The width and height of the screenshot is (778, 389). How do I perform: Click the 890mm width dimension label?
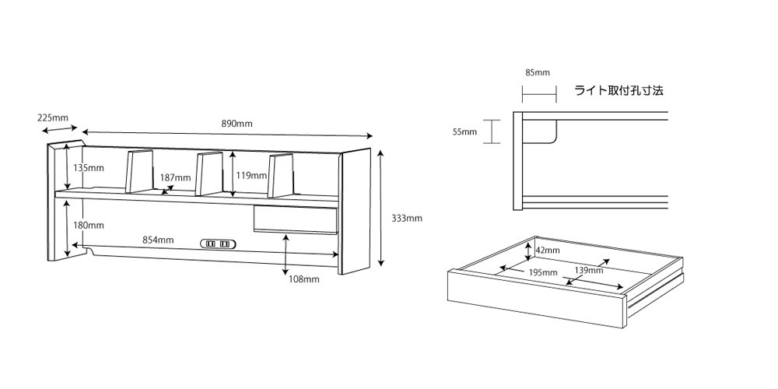[237, 124]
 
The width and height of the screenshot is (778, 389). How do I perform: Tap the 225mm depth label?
[53, 118]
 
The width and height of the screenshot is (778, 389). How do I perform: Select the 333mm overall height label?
[406, 219]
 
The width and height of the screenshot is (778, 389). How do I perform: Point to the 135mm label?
[89, 168]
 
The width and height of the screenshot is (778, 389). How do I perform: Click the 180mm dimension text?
[89, 226]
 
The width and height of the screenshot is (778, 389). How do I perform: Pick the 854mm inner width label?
[158, 240]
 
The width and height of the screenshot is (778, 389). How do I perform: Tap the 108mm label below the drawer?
[304, 279]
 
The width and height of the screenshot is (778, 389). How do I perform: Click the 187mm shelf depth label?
[175, 177]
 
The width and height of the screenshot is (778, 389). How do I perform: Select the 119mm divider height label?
[251, 176]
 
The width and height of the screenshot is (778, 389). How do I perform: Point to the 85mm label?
[538, 73]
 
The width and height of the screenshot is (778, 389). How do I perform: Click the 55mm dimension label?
[465, 132]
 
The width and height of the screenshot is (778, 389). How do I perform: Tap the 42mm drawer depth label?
[547, 251]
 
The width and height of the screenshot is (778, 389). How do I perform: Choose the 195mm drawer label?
[542, 272]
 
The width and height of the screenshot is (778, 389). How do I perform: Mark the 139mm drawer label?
[589, 271]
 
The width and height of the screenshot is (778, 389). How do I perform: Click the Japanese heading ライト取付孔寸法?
[619, 91]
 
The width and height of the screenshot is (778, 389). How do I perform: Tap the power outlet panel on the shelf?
[219, 244]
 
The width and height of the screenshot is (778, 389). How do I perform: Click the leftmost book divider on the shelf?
[139, 171]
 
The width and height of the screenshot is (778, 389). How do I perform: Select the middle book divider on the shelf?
[209, 173]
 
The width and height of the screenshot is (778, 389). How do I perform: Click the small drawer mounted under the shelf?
[296, 219]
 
